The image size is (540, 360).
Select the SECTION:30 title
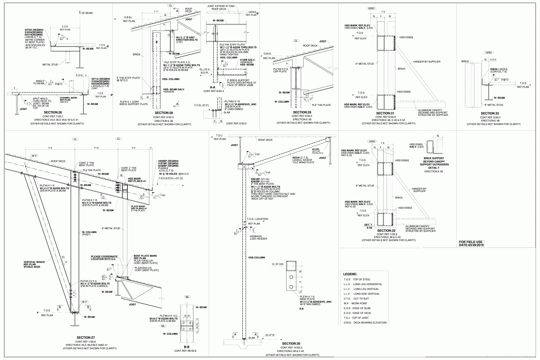click(291, 343)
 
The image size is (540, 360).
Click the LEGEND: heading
click(350, 274)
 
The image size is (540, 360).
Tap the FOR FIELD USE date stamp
click(472, 244)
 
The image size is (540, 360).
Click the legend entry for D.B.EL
click(365, 323)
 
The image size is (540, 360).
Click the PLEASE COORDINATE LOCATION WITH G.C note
click(104, 257)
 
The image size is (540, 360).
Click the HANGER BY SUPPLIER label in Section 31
click(427, 62)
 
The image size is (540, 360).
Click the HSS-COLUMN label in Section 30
click(256, 257)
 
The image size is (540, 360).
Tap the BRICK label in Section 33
click(465, 61)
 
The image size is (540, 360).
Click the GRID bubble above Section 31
click(371, 8)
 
